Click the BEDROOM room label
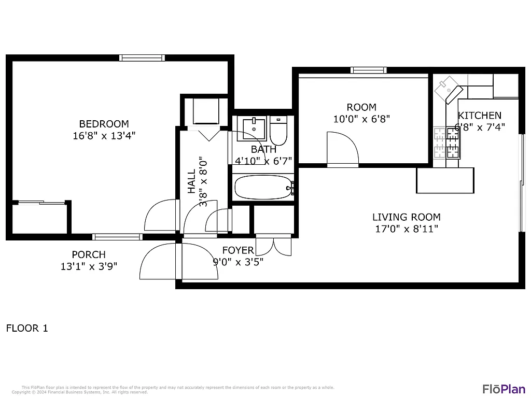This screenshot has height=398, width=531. [x=104, y=124]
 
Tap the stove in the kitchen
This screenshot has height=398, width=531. [x=446, y=143]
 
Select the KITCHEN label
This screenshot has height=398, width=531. [x=480, y=116]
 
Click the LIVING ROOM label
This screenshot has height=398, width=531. [x=407, y=217]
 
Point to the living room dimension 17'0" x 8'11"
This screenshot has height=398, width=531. [x=407, y=229]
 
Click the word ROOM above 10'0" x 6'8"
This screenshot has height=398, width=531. [x=361, y=107]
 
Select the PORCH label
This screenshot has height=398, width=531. [x=89, y=254]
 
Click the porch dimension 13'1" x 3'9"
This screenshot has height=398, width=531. [x=89, y=266]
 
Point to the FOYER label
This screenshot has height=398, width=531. [x=238, y=250]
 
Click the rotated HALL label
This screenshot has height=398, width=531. [x=191, y=181]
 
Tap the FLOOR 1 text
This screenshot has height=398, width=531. [x=27, y=328]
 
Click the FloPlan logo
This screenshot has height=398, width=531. [x=504, y=389]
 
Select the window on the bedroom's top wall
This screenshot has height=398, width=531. [x=142, y=58]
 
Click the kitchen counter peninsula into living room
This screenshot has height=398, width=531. [x=445, y=180]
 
